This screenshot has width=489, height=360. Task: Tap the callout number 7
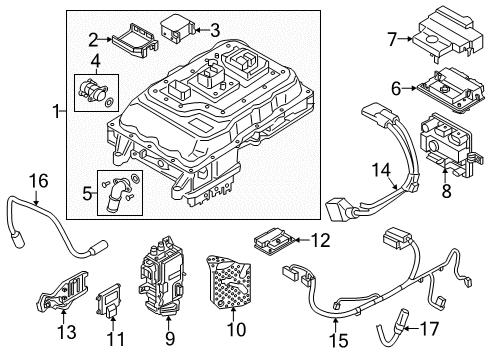click(391, 40)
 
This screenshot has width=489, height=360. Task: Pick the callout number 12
click(321, 239)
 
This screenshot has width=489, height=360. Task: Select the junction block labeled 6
click(435, 88)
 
